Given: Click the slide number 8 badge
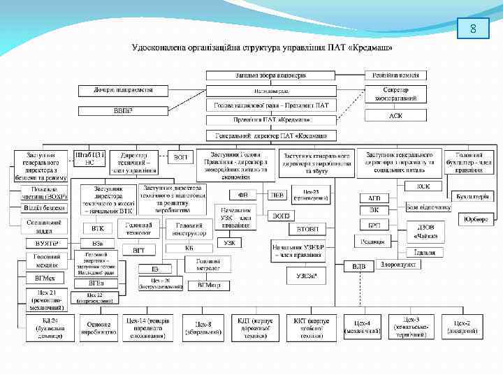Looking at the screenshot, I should click(x=474, y=29).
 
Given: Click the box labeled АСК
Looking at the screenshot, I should click(x=395, y=116).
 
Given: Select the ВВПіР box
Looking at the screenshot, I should click(x=123, y=110).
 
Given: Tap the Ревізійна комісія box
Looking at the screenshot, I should click(x=395, y=74).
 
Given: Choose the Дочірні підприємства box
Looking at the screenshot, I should click(x=123, y=90).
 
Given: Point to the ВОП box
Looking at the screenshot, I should click(x=181, y=157).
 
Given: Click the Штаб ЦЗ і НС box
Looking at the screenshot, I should click(x=89, y=157).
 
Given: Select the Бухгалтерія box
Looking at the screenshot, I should click(x=470, y=197).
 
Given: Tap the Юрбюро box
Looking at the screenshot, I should click(x=477, y=219).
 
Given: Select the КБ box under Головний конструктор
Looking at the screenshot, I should click(x=189, y=248).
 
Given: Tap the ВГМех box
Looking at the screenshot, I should click(x=45, y=279).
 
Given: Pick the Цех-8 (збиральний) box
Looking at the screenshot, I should click(x=203, y=327).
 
